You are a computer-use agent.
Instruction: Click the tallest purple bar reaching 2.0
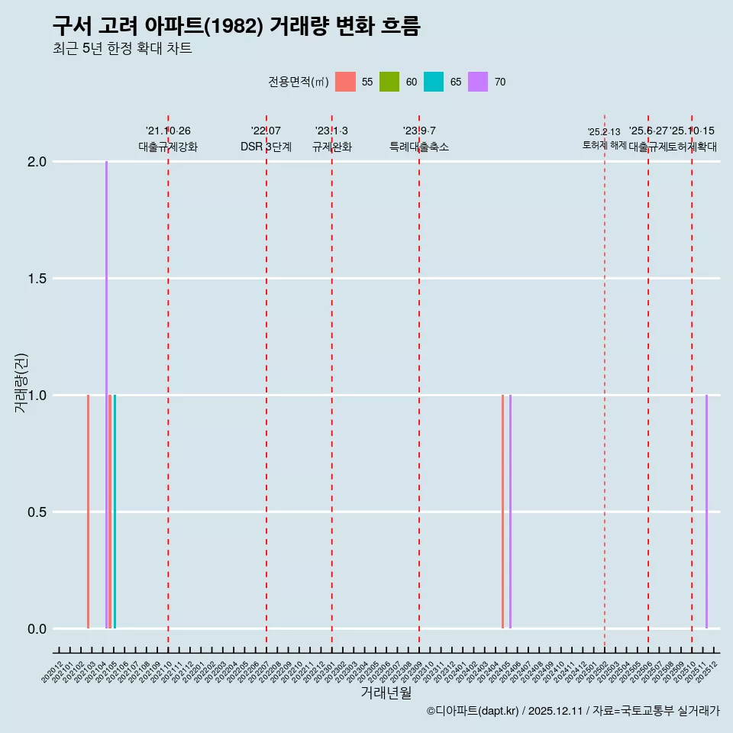(106, 394)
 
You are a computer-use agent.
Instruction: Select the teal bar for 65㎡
(115, 512)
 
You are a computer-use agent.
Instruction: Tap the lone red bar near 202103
(88, 512)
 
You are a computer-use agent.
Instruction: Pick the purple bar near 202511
(706, 512)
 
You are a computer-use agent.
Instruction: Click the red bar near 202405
(502, 512)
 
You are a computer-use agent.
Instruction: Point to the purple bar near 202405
(510, 512)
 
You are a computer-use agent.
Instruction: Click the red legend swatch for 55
(345, 82)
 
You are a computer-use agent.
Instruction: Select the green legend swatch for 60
(389, 82)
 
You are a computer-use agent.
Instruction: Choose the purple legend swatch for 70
(478, 82)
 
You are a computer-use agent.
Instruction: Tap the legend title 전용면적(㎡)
(299, 82)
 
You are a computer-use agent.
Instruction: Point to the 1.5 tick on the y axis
(36, 279)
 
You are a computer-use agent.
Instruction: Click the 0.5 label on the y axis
(36, 512)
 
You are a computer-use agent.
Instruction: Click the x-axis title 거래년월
(386, 693)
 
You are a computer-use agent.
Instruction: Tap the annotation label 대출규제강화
(168, 147)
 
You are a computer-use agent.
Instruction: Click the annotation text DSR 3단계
(266, 147)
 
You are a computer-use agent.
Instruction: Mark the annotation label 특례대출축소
(419, 147)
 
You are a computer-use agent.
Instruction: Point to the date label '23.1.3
(331, 131)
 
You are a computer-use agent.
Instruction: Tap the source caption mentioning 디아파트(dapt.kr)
(573, 711)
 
